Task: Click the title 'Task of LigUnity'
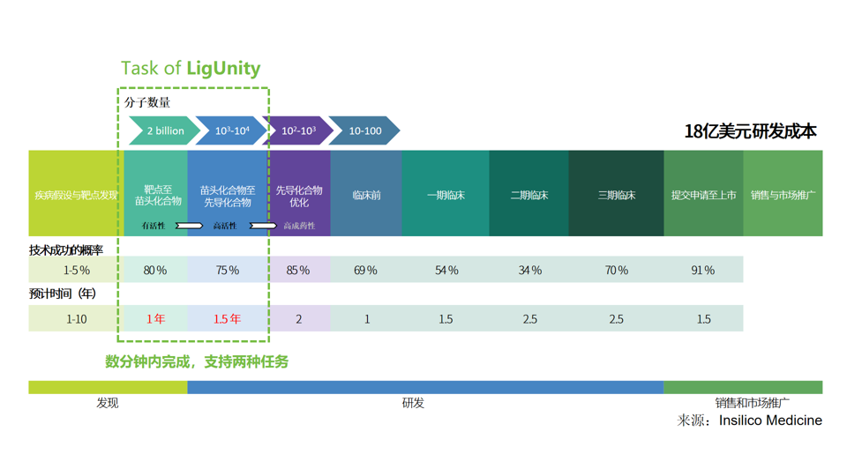tap(191, 68)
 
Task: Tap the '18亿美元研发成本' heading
tap(750, 131)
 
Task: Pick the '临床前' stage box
tap(366, 195)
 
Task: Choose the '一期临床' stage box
tap(446, 195)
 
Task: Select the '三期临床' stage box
tap(616, 195)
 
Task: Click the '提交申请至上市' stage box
tap(703, 195)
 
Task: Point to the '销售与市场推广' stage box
tap(783, 195)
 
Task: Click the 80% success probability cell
tap(155, 270)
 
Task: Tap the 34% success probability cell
tap(529, 270)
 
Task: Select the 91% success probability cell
tap(703, 270)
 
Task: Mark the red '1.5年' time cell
tap(227, 318)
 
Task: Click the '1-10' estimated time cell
tap(77, 318)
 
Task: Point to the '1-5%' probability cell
tap(77, 270)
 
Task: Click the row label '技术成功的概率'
tap(66, 250)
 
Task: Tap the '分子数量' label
tap(147, 102)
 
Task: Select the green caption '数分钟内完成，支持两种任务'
tap(197, 361)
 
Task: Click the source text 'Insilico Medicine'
tap(770, 420)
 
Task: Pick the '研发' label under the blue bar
tap(413, 403)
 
